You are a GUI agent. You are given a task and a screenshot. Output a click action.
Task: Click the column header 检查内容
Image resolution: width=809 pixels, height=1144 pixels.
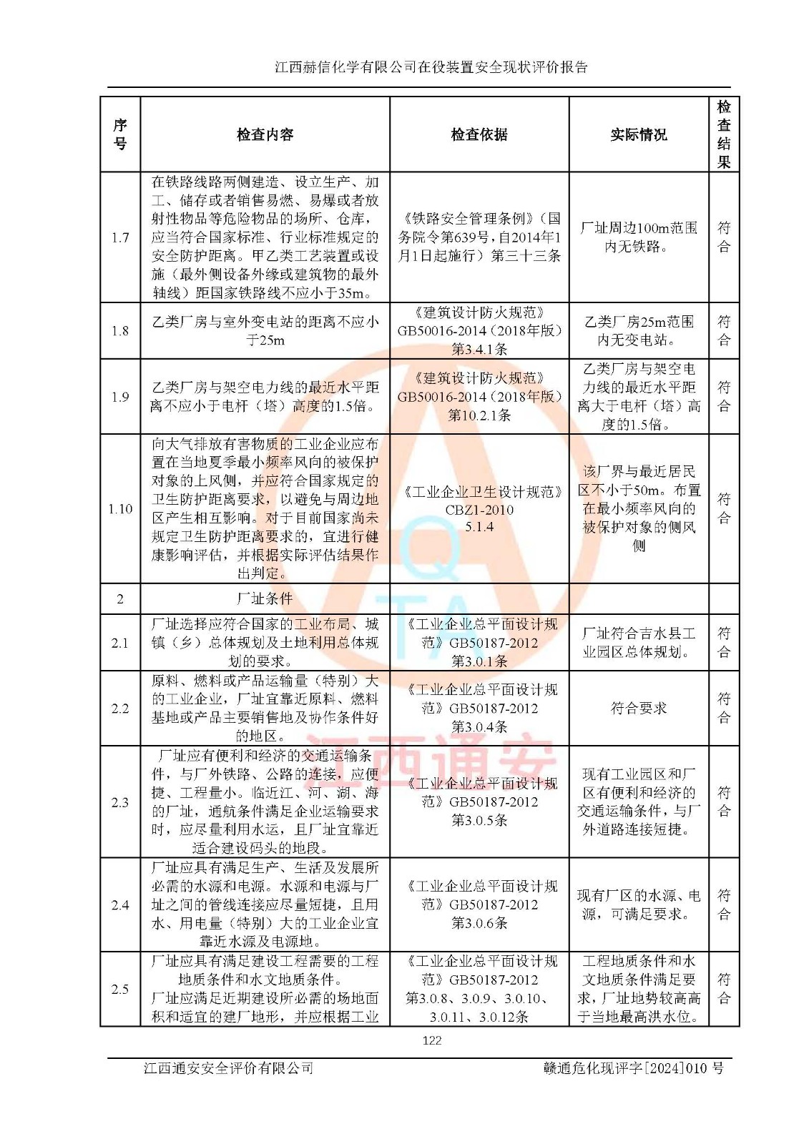[x=265, y=134]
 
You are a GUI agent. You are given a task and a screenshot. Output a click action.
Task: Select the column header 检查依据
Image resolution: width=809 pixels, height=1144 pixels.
[x=479, y=134]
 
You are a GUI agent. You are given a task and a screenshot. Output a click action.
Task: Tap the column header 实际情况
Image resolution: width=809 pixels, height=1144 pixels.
[x=638, y=134]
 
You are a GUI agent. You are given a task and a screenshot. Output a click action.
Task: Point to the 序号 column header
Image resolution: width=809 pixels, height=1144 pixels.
[x=120, y=134]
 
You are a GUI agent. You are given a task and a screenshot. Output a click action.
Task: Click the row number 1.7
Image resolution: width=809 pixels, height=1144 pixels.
[x=120, y=237]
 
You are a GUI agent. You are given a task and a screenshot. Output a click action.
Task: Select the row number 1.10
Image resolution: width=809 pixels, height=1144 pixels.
[x=120, y=508]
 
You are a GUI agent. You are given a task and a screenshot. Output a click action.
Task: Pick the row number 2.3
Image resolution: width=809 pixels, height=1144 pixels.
[x=120, y=802]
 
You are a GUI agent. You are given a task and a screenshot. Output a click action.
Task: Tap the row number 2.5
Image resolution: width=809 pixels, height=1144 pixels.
[x=120, y=989]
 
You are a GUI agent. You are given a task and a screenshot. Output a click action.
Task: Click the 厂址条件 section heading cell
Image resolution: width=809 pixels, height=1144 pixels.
[x=265, y=598]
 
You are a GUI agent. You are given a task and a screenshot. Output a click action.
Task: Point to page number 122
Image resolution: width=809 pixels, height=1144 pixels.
[x=432, y=1040]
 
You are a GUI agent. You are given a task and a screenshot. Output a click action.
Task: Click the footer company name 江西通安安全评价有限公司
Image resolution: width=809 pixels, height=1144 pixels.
[x=229, y=1068]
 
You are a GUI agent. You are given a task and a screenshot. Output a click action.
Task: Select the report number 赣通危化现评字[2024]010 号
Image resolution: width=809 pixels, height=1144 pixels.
[x=633, y=1068]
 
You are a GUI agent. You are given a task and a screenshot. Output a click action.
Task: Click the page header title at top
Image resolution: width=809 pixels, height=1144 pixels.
[x=431, y=67]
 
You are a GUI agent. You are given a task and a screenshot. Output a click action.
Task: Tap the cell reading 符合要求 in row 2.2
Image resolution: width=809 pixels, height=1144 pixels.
[x=638, y=708]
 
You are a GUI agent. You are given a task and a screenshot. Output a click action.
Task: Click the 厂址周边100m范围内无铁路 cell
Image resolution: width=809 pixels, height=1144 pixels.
[x=638, y=237]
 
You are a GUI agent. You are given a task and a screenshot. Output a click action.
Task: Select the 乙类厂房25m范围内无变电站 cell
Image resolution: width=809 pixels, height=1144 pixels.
[x=638, y=330]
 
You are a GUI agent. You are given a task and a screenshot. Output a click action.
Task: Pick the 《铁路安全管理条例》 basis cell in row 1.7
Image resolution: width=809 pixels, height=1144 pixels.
[x=479, y=237]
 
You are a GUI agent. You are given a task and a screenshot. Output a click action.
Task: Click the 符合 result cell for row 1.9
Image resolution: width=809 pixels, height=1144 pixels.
[x=724, y=397]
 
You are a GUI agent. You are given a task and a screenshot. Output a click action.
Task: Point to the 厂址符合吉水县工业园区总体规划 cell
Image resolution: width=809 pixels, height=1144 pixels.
[x=638, y=643]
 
